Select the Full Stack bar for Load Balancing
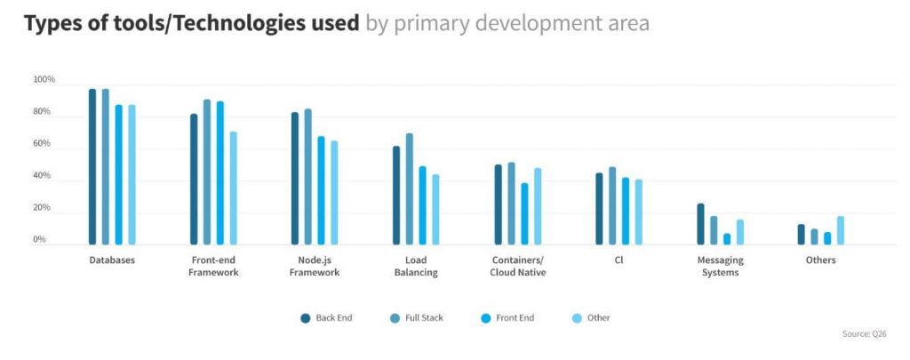410,188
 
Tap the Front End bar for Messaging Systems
727,239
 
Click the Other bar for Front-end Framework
233,188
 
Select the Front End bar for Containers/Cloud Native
524,213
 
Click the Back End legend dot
305,317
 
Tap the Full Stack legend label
424,317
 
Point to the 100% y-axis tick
44,80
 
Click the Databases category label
112,260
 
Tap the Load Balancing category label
416,266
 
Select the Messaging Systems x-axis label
720,266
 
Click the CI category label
619,260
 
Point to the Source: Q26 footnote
864,334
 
